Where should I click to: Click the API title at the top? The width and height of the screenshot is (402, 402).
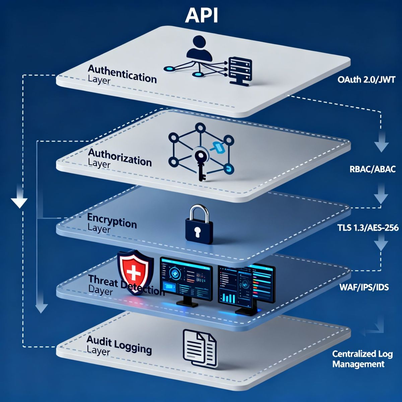coord(201,15)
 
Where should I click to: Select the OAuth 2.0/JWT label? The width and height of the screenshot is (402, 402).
coord(366,80)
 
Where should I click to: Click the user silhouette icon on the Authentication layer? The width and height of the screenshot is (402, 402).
coord(200,50)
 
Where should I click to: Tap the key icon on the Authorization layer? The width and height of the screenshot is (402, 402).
coord(201,164)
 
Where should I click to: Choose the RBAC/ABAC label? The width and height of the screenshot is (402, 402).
coord(373,169)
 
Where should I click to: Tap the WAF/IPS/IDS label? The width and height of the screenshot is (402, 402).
coord(364,287)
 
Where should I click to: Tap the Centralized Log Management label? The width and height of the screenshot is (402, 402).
coord(358,359)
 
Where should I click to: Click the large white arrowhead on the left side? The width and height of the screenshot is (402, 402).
coord(19,203)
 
